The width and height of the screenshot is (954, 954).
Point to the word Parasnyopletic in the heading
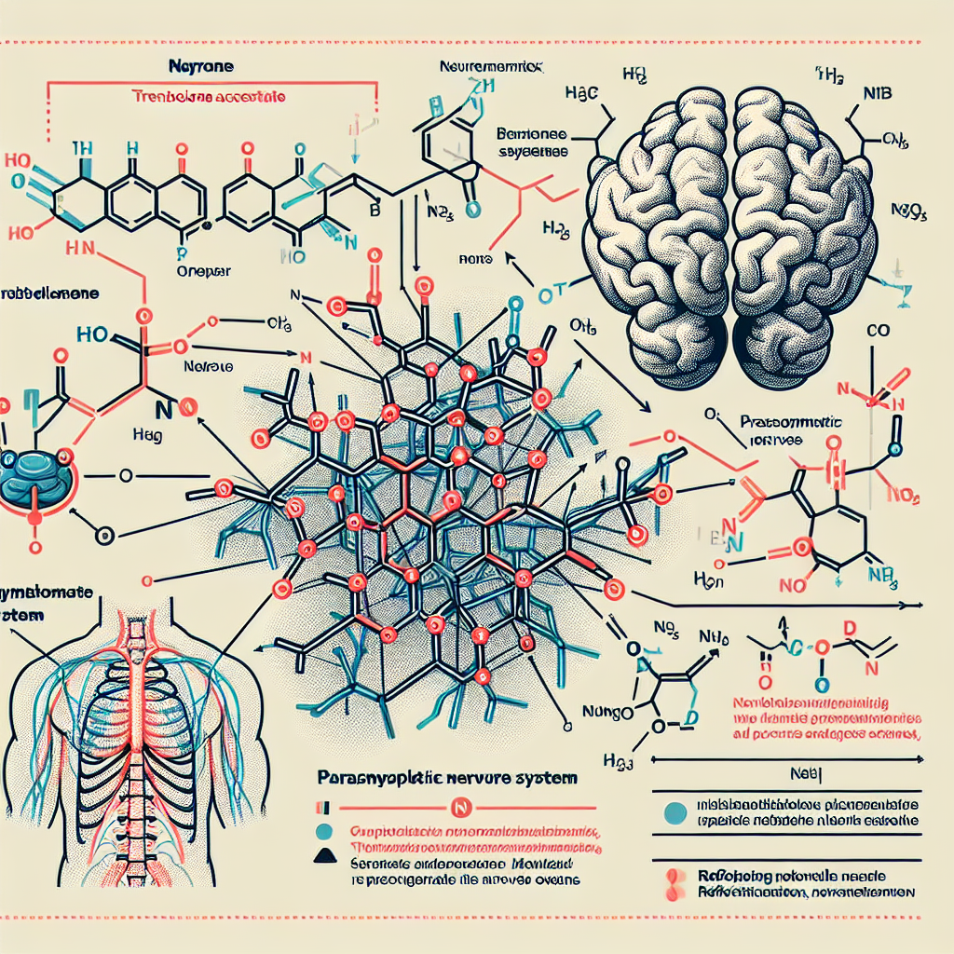[377, 775]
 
